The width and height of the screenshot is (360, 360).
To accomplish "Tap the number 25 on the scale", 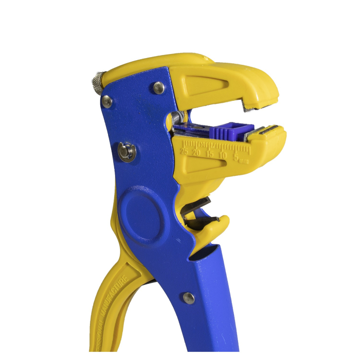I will pos(185,152).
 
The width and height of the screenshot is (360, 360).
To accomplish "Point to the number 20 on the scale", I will pos(196,153).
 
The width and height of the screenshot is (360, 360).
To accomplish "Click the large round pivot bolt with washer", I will pos(126,151).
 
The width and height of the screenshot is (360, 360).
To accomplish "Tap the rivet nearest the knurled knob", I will pos(107,101).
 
